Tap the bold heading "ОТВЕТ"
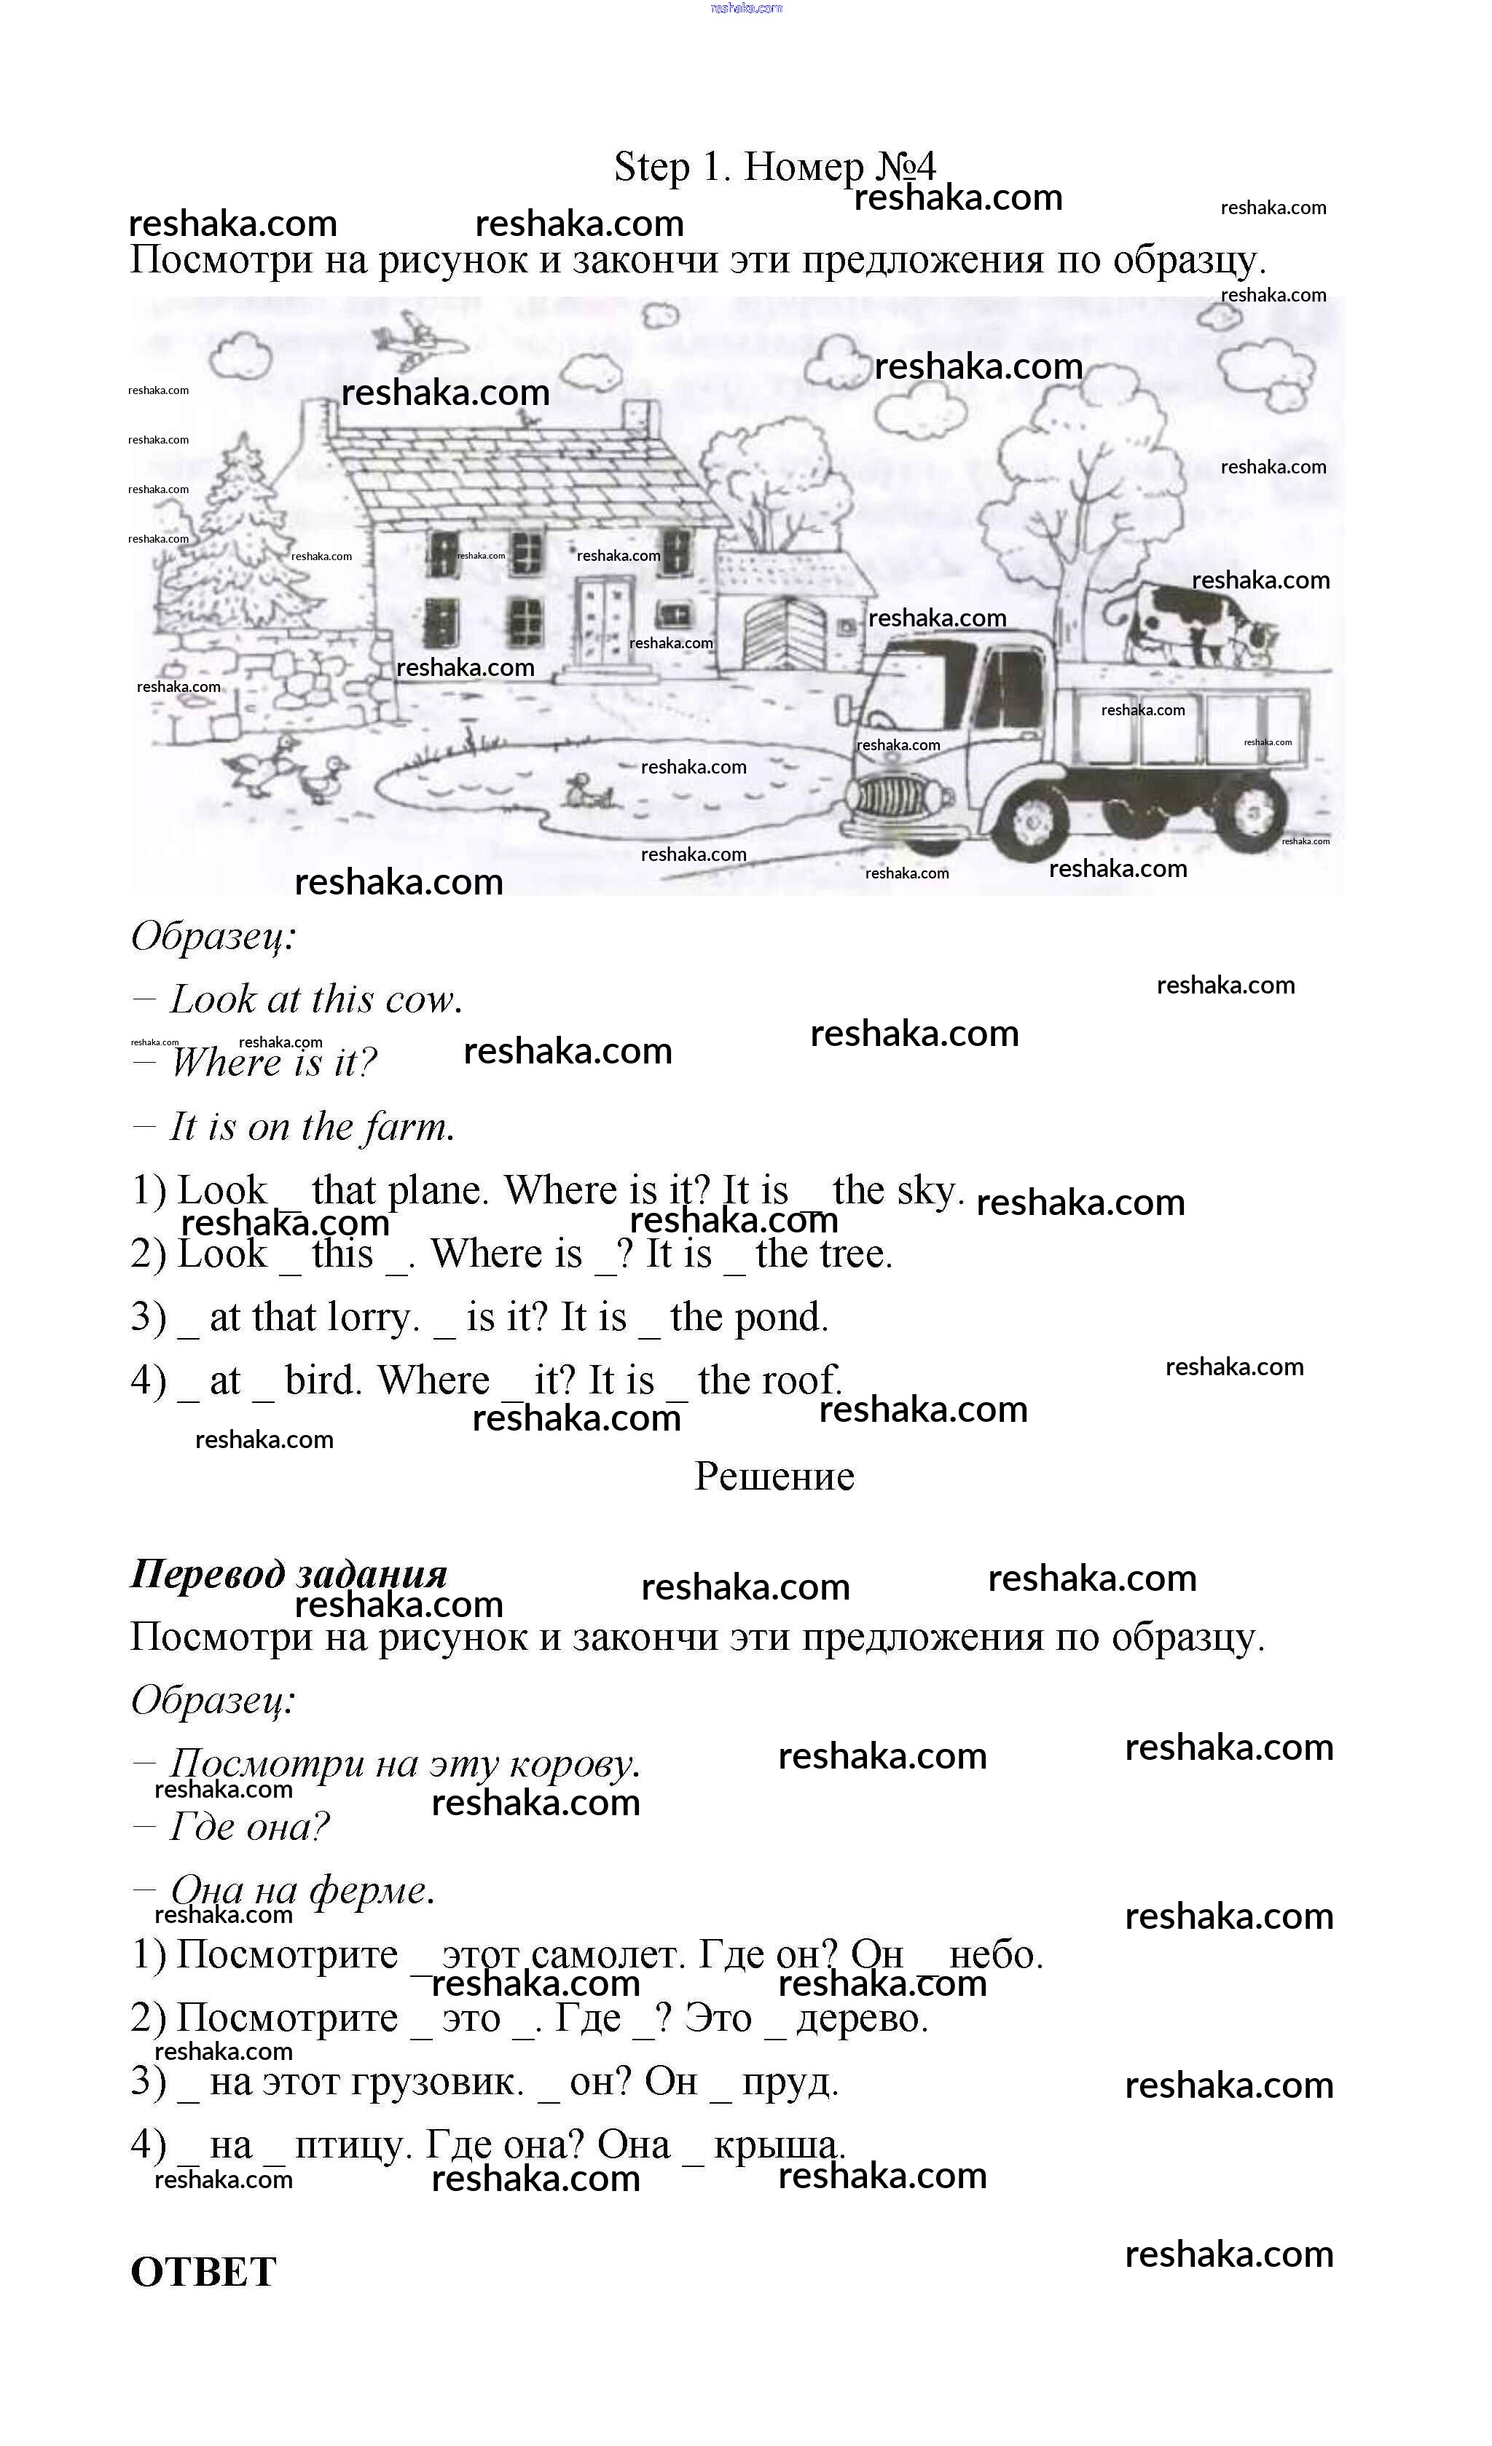pyautogui.click(x=203, y=2271)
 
